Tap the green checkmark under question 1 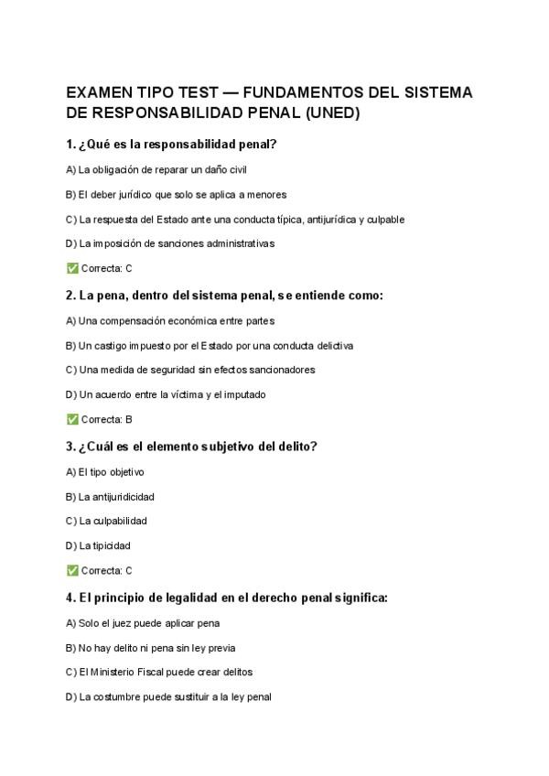pos(72,268)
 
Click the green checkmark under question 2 pos(72,419)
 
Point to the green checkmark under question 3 pos(72,570)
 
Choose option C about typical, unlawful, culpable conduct pos(235,220)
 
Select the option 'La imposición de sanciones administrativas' pos(170,243)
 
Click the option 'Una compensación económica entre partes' pos(170,321)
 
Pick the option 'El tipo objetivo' pos(105,472)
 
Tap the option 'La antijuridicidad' pos(111,497)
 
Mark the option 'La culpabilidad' pos(107,521)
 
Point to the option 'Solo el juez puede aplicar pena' pos(143,623)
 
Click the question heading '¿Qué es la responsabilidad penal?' pos(172,145)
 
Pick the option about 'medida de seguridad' pos(190,370)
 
